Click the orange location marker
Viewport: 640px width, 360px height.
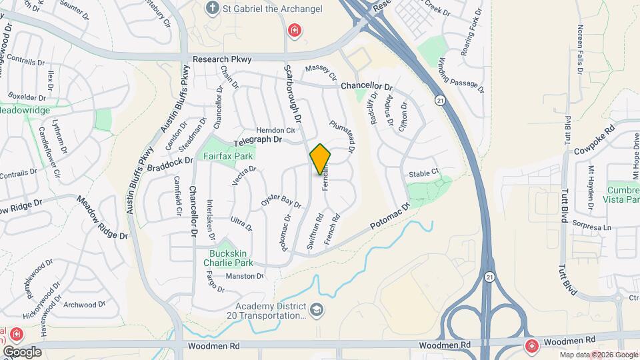click(321, 159)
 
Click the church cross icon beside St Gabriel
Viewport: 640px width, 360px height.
click(212, 9)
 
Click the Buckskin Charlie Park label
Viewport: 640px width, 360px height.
click(229, 257)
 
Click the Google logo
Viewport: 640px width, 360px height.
click(22, 351)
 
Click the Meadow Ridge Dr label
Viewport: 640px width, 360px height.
click(102, 217)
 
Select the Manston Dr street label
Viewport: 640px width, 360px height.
click(245, 276)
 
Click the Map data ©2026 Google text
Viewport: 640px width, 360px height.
click(598, 355)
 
